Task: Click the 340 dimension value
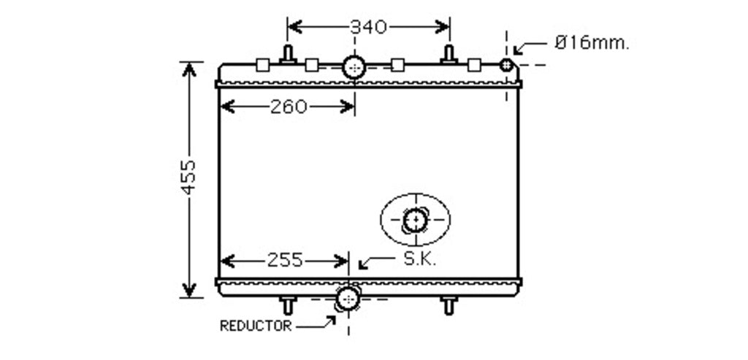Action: point(368,27)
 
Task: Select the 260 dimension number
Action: point(289,107)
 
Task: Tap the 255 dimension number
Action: point(285,261)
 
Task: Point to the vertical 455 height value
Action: point(189,177)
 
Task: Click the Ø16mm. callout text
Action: point(592,43)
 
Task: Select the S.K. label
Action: point(420,259)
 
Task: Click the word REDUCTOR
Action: point(255,326)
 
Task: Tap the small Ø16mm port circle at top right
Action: point(506,64)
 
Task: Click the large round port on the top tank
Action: point(354,67)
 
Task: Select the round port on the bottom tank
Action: point(348,299)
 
